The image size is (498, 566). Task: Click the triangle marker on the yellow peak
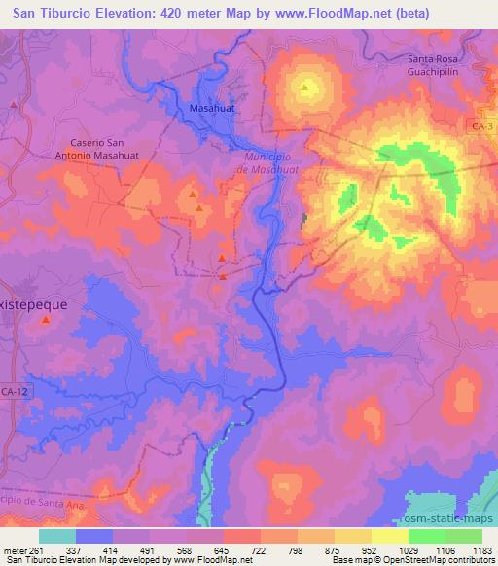point(304,88)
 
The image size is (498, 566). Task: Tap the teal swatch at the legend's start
point(57,535)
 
